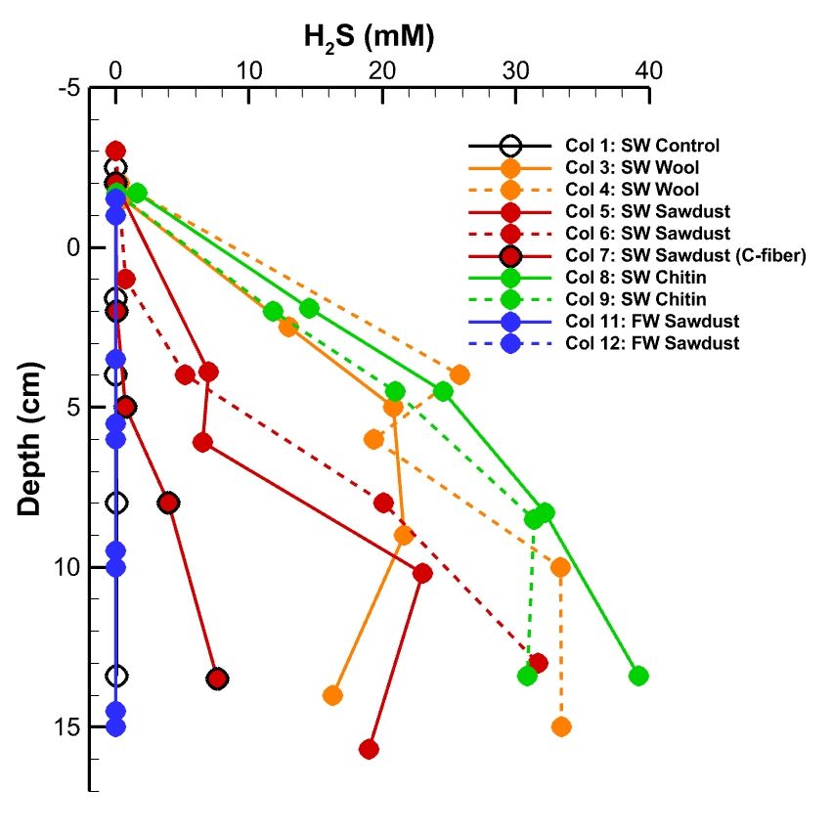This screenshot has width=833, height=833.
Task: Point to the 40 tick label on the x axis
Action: pyautogui.click(x=648, y=71)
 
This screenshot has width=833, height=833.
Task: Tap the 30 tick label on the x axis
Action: pyautogui.click(x=515, y=71)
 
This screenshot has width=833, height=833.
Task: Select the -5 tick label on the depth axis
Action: pyautogui.click(x=67, y=88)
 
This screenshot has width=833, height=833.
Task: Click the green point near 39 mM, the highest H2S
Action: pyautogui.click(x=638, y=676)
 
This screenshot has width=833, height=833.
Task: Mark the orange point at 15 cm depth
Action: pyautogui.click(x=561, y=726)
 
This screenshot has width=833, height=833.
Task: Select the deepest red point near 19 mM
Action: pyautogui.click(x=369, y=749)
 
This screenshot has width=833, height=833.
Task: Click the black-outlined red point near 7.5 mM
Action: pyautogui.click(x=217, y=679)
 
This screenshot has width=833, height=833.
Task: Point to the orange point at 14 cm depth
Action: pyautogui.click(x=332, y=695)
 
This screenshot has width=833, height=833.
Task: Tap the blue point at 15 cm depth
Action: pyautogui.click(x=115, y=726)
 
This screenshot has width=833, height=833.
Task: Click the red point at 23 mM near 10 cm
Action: pyautogui.click(x=422, y=573)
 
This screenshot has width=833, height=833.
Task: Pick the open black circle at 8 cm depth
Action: pyautogui.click(x=115, y=503)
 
